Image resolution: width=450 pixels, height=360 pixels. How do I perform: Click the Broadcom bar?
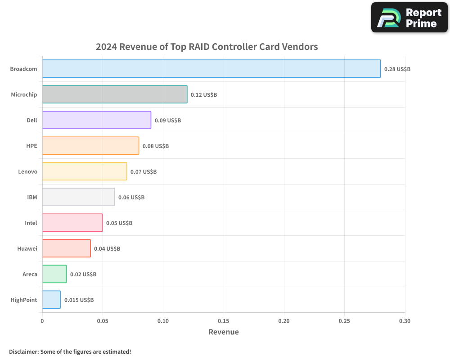click(211, 69)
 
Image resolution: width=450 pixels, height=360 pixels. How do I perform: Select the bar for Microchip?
click(115, 94)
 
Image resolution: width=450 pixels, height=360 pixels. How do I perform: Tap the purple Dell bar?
click(97, 120)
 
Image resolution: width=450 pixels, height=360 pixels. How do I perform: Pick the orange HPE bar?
click(90, 146)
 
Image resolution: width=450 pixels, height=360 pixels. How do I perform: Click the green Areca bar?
click(54, 274)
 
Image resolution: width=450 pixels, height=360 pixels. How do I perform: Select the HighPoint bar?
click(51, 300)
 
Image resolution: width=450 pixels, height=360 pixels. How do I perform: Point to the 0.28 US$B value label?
click(397, 69)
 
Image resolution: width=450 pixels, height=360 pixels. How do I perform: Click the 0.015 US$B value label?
click(79, 300)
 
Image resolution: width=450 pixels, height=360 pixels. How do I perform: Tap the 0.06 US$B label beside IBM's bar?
click(131, 198)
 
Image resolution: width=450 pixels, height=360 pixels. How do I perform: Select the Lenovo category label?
click(27, 171)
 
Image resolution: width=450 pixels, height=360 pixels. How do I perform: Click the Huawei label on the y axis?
click(27, 248)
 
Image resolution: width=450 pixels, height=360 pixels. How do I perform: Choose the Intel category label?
click(31, 223)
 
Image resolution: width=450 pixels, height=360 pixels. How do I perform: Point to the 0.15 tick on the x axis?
click(224, 321)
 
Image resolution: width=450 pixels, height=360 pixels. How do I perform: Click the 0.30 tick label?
click(405, 321)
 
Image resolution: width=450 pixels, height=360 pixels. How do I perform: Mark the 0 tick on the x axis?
click(42, 321)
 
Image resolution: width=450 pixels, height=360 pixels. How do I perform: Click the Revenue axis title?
click(224, 332)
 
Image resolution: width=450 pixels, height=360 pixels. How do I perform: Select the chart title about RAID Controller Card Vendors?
click(207, 47)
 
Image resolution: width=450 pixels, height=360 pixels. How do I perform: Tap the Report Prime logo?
click(409, 18)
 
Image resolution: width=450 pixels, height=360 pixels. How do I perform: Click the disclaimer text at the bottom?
click(70, 351)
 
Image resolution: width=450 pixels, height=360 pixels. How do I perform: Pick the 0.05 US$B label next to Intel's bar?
click(119, 223)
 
